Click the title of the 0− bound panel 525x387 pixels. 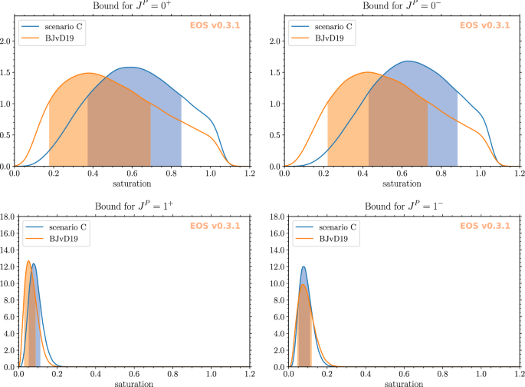(x=402, y=6)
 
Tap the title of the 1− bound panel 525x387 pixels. (x=402, y=207)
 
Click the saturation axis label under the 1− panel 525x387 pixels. (x=402, y=383)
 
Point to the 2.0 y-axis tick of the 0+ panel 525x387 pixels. (x=6, y=41)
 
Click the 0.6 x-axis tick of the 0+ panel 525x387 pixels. (x=131, y=174)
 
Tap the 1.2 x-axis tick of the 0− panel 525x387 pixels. (x=519, y=174)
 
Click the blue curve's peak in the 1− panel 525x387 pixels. (x=304, y=267)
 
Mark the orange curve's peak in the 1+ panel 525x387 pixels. (x=28, y=262)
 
